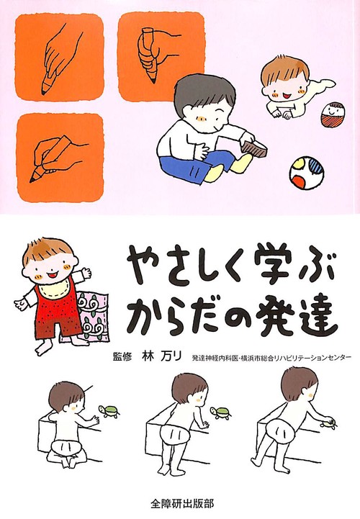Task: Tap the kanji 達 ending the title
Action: (313, 314)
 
